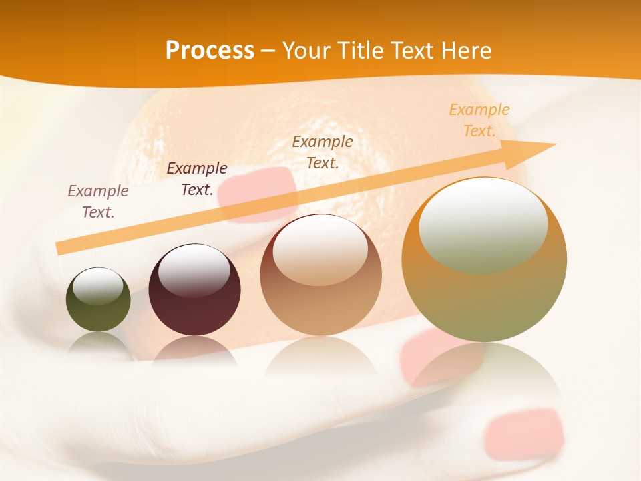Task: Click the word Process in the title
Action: (x=210, y=51)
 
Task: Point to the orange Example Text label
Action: (x=479, y=120)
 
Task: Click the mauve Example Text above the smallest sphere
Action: (x=98, y=201)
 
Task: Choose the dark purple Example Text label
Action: (x=196, y=179)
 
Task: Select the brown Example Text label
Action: (x=323, y=152)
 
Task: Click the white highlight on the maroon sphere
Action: (x=194, y=270)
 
